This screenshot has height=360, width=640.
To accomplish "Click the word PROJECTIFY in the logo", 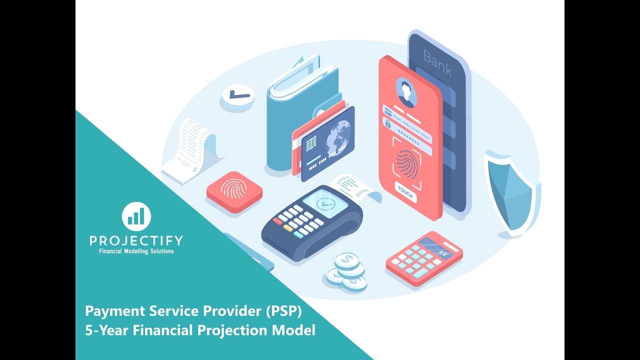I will pyautogui.click(x=136, y=241).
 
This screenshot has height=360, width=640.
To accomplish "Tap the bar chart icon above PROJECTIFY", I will pyautogui.click(x=136, y=216).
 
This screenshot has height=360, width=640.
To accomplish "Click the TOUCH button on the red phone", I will pyautogui.click(x=405, y=192).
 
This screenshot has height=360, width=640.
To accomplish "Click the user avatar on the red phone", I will pyautogui.click(x=406, y=91).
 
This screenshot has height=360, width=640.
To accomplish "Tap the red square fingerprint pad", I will pyautogui.click(x=234, y=191).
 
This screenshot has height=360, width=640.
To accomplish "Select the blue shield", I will pyautogui.click(x=511, y=192).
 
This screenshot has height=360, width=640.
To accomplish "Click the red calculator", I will pyautogui.click(x=423, y=258).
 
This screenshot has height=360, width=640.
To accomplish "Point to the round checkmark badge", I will pyautogui.click(x=237, y=94).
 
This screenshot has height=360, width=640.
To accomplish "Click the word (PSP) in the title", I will pyautogui.click(x=283, y=311).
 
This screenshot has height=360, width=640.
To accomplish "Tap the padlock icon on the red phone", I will pyautogui.click(x=387, y=123).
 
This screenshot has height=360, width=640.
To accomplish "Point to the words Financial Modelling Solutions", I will pyautogui.click(x=136, y=251).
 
